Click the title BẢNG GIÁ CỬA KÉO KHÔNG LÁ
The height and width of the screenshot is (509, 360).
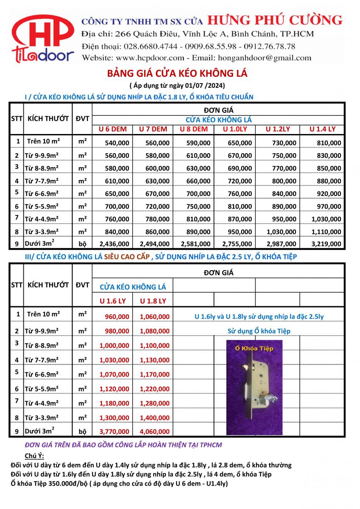click(177, 73)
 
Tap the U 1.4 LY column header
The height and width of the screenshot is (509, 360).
click(322, 129)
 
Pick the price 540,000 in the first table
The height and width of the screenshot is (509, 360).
click(114, 143)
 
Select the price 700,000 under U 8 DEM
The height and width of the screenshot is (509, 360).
click(197, 193)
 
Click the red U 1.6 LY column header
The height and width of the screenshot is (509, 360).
click(112, 301)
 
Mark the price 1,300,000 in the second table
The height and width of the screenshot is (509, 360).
click(114, 417)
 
